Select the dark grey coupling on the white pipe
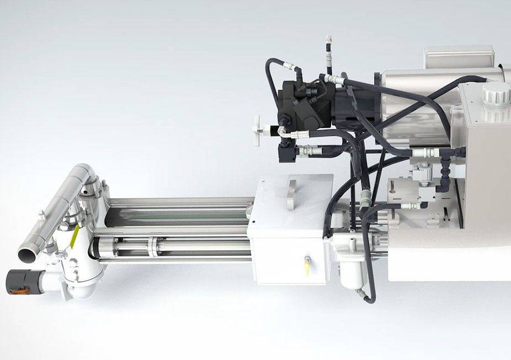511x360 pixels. point(20,281)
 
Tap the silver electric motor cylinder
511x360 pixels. point(419,105)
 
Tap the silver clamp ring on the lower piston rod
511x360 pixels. point(152,246)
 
